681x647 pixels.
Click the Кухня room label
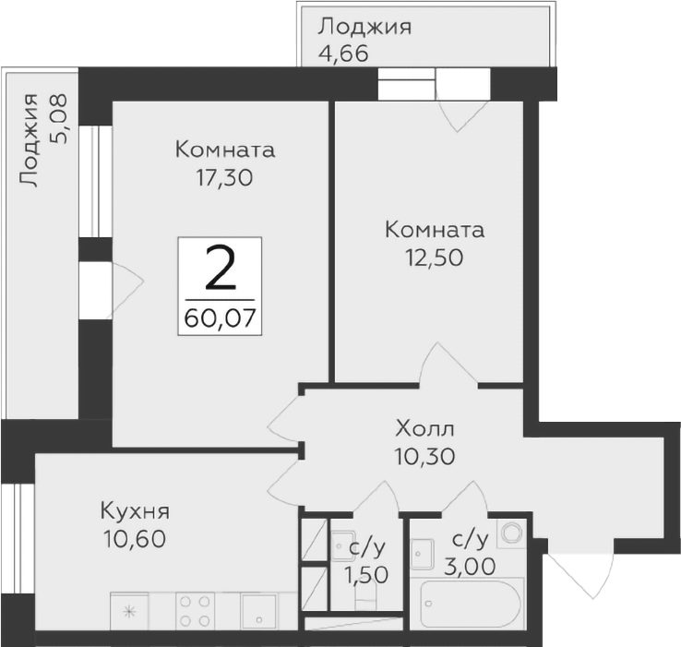(x=135, y=511)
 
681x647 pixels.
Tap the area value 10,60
(x=135, y=538)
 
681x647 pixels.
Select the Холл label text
(x=424, y=428)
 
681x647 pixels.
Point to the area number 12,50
(x=434, y=257)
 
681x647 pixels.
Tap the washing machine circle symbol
(x=509, y=533)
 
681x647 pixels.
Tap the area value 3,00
(x=471, y=563)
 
